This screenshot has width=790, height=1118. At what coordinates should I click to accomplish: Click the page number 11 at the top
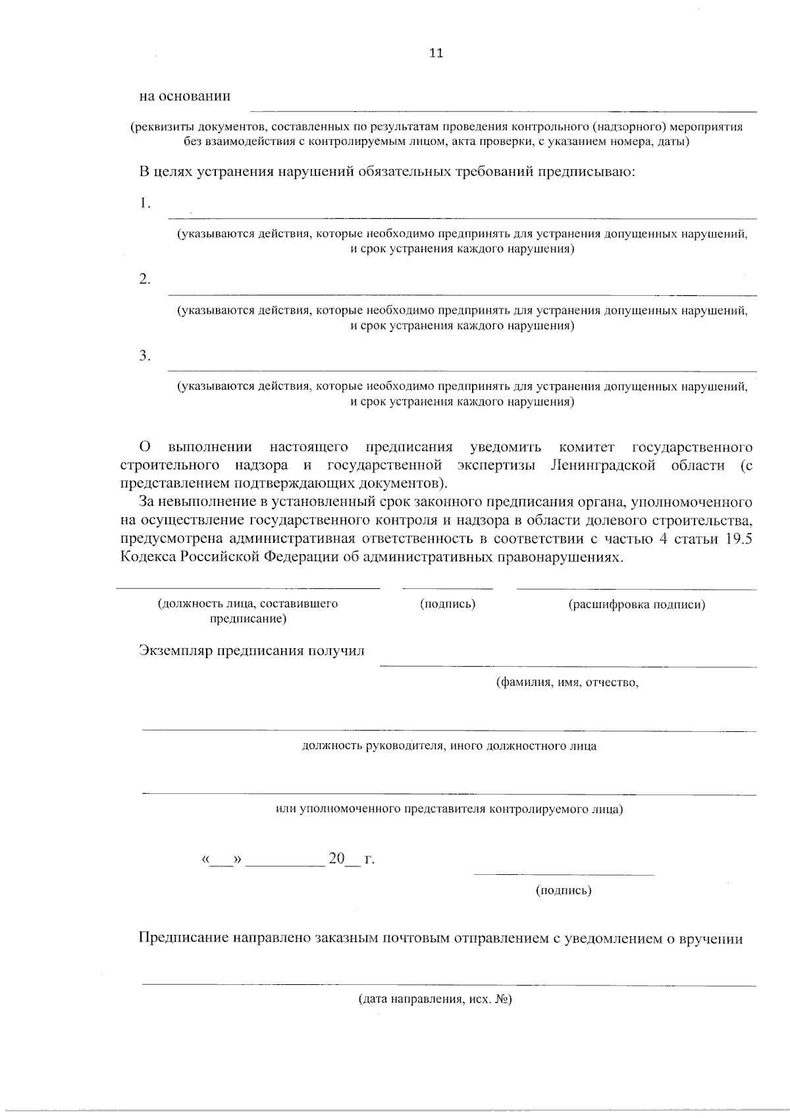point(436,53)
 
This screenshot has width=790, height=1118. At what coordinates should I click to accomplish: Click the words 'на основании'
point(184,96)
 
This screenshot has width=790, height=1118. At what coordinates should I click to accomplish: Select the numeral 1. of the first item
point(145,204)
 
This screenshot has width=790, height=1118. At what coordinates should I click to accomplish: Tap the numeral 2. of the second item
point(145,279)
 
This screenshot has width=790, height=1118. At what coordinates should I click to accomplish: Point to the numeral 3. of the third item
point(145,356)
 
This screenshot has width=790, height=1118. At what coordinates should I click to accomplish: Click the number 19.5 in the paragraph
point(739,538)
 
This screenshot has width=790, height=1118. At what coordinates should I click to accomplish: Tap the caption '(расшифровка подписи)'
point(637,604)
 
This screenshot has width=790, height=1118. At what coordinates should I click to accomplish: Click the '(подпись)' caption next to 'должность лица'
point(448,604)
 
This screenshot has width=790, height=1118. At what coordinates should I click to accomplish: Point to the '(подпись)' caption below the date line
point(564,891)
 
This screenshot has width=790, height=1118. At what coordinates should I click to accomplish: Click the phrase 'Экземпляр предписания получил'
point(251,651)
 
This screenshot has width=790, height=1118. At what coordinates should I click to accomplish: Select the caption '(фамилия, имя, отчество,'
point(567,683)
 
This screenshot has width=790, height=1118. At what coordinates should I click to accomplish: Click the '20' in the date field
point(336,858)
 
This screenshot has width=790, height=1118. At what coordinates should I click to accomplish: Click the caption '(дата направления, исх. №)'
point(435,999)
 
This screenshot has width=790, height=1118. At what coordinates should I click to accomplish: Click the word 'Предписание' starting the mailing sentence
point(183,939)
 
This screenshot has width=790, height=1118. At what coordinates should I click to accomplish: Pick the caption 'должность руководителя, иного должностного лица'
point(449,746)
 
